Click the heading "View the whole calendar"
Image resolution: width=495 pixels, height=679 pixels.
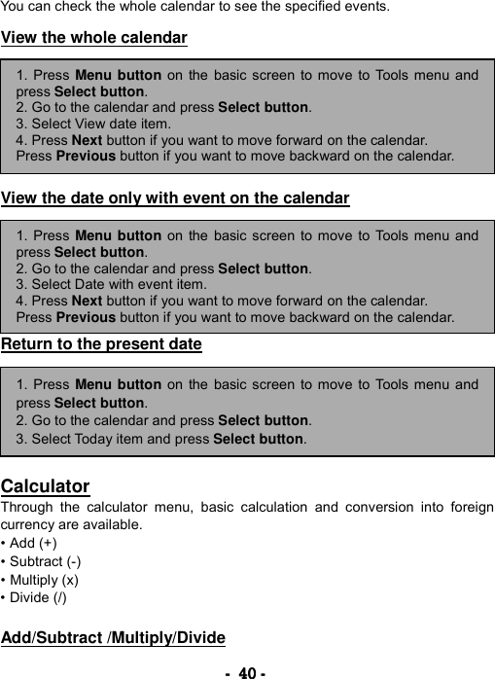tap(94, 39)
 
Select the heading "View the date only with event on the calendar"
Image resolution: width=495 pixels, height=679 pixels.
tap(175, 199)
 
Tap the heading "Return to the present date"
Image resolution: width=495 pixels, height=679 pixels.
tap(101, 343)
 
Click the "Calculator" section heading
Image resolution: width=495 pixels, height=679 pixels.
tap(46, 486)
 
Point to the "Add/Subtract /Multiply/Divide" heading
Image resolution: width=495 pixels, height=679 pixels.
tap(113, 638)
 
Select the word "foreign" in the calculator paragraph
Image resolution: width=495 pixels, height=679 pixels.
tap(469, 508)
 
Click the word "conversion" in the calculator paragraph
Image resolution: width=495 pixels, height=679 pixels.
tap(355, 508)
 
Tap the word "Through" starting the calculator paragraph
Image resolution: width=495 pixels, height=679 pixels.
tap(26, 508)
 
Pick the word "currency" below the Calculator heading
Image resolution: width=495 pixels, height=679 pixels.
tap(27, 525)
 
